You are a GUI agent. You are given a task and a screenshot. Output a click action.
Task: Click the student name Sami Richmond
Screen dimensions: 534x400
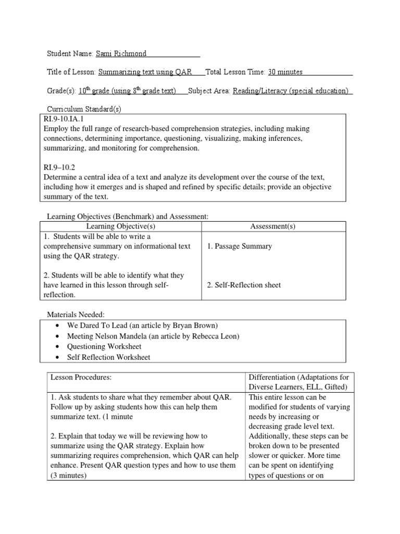click(121, 54)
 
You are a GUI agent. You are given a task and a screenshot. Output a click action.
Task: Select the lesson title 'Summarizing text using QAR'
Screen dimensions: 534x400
click(145, 72)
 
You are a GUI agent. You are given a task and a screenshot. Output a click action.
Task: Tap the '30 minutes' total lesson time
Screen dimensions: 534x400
click(285, 72)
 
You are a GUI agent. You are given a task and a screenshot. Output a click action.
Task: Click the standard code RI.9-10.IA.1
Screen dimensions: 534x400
click(67, 119)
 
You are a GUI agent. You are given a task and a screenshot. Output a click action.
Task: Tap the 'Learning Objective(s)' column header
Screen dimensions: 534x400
click(121, 226)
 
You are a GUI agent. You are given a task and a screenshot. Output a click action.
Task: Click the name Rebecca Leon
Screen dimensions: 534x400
click(216, 336)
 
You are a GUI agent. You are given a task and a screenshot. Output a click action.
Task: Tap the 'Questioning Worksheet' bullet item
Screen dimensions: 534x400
click(104, 347)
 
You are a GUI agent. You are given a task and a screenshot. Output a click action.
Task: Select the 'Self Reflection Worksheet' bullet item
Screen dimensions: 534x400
click(108, 357)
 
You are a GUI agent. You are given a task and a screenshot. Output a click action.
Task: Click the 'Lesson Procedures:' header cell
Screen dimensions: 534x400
click(81, 377)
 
